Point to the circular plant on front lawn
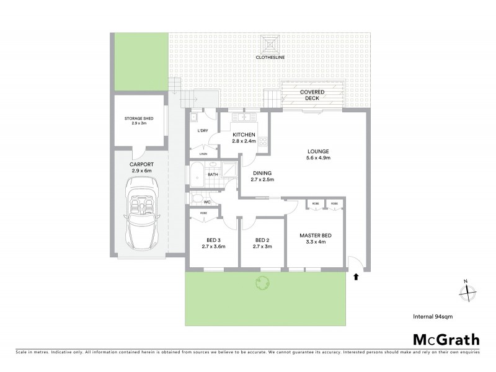coord(262,284)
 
